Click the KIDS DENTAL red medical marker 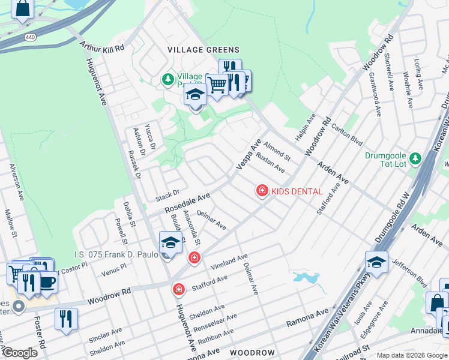(262, 191)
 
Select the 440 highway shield (29, 37)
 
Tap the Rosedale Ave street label (188, 202)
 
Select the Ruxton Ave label (270, 162)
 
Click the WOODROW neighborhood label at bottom (253, 352)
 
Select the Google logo (20, 353)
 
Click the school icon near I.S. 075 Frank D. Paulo (170, 243)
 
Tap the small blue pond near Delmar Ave (306, 278)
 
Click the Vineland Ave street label (229, 262)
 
